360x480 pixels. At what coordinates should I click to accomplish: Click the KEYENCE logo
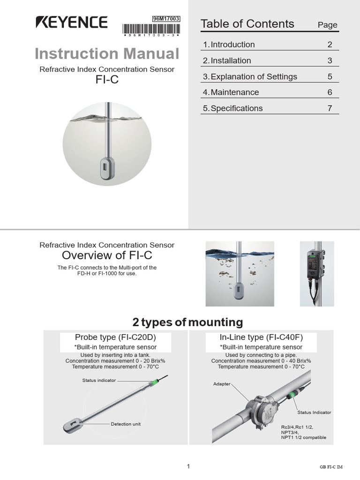coord(72,22)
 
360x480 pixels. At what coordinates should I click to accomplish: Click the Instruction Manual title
coord(107,53)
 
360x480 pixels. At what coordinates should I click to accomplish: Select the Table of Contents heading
coord(247,24)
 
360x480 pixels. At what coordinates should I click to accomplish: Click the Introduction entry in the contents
coord(229,45)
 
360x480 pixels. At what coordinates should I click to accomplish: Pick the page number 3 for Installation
coord(330,60)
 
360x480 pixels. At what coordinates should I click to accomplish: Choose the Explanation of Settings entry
coord(250,76)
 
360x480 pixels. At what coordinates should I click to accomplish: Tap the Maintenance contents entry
coord(231,92)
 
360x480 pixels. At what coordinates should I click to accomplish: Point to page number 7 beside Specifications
coord(330,108)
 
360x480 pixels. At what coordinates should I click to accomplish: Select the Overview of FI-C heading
coord(107,255)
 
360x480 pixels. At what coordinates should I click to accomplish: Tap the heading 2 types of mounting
coord(187,322)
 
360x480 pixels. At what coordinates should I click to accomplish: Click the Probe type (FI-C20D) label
coord(116,337)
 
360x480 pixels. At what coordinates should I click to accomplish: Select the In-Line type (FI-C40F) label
coord(261,337)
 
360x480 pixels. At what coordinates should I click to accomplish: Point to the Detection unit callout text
coord(126,424)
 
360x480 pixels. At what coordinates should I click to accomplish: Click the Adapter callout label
coord(222,384)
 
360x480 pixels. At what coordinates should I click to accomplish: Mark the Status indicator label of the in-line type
coord(314,412)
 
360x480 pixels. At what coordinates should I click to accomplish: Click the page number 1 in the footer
coord(188,466)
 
